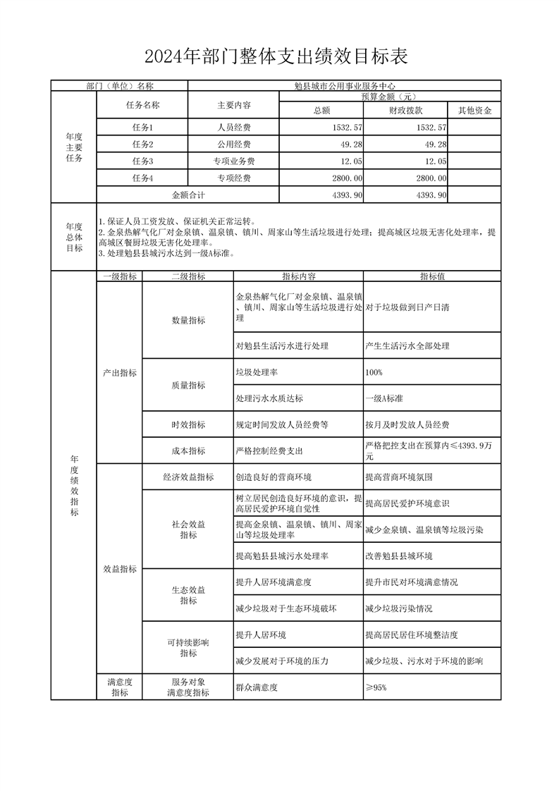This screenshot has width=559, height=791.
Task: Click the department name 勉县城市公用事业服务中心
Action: tap(345, 86)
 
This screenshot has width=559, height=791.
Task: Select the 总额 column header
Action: tap(321, 110)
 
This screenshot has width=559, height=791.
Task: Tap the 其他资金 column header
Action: tap(474, 110)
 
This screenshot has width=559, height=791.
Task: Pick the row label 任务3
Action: tap(142, 161)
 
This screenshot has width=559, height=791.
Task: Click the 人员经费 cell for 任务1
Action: tap(234, 128)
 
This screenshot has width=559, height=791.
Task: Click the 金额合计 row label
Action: tap(188, 195)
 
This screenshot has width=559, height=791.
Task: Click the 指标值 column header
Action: tap(432, 276)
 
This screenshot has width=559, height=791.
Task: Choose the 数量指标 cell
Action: tap(188, 320)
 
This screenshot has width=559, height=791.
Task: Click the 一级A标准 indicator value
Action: tap(384, 398)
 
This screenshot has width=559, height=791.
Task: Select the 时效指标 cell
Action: tap(188, 424)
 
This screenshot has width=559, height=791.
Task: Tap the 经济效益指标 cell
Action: tap(188, 477)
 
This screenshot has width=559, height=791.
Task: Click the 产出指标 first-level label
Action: tap(119, 372)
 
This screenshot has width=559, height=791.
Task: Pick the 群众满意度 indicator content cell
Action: tap(257, 687)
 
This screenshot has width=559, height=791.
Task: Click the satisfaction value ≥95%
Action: tap(376, 687)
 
